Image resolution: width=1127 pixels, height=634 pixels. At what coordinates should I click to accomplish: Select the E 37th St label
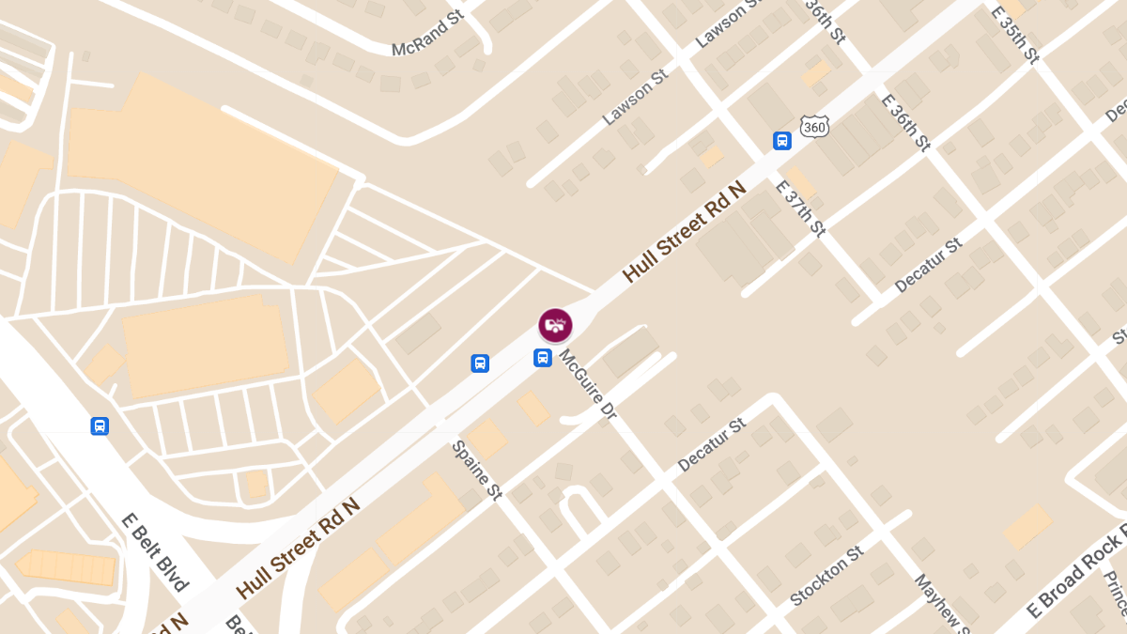click(x=799, y=208)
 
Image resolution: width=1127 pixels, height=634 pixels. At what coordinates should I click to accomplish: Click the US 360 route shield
click(x=814, y=127)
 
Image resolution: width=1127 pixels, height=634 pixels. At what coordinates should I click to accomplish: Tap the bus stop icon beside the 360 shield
click(x=781, y=141)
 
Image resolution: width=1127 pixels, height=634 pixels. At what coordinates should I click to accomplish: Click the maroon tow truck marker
click(x=555, y=325)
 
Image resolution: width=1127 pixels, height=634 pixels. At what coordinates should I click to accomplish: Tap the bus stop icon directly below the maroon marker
click(x=543, y=358)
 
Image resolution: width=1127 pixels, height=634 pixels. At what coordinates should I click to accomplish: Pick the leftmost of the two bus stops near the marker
click(x=480, y=363)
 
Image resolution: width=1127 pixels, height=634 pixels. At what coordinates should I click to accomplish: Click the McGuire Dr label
click(x=586, y=383)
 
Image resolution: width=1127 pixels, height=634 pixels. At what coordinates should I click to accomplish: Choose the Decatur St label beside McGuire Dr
click(x=711, y=444)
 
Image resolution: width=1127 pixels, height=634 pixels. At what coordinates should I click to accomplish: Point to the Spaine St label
click(x=476, y=470)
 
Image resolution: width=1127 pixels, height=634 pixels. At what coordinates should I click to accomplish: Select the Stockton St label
click(x=826, y=575)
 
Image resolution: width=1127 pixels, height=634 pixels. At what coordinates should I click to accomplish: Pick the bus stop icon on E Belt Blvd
click(x=100, y=426)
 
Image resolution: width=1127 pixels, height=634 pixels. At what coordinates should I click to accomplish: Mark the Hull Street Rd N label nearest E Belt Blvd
click(x=298, y=549)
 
